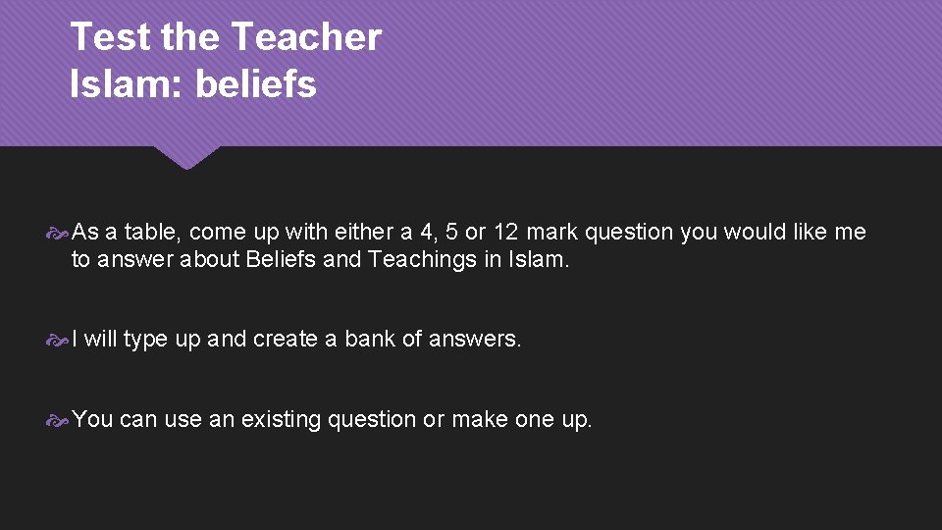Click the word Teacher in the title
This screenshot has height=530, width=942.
[305, 37]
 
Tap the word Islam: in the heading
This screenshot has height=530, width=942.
[128, 84]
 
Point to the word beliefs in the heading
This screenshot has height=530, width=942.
[256, 84]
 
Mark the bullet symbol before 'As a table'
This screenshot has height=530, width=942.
[58, 234]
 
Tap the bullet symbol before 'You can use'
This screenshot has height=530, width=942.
[58, 421]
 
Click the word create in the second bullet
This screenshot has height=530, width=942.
[284, 340]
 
